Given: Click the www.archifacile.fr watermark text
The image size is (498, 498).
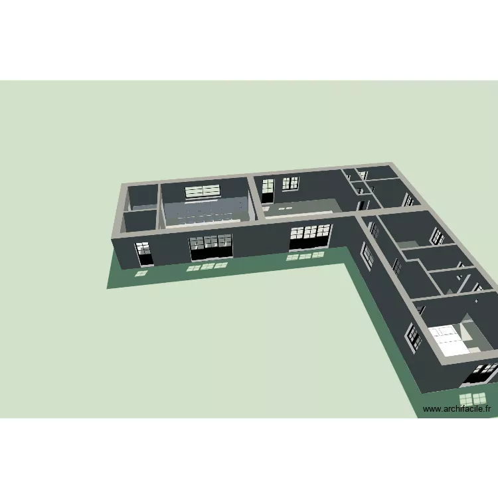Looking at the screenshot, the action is (x=457, y=409).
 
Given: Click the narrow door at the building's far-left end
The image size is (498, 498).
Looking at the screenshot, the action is (x=144, y=254).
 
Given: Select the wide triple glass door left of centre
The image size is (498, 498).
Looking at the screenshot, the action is (x=211, y=247).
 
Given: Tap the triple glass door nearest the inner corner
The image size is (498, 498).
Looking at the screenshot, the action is (x=310, y=236).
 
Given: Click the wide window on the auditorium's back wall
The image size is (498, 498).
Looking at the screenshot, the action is (x=203, y=191).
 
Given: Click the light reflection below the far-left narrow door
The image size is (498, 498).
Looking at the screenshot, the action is (x=141, y=273).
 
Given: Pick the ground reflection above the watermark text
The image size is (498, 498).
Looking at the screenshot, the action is (x=473, y=399).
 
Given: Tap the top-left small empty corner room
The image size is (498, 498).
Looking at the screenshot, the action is (x=143, y=197).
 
